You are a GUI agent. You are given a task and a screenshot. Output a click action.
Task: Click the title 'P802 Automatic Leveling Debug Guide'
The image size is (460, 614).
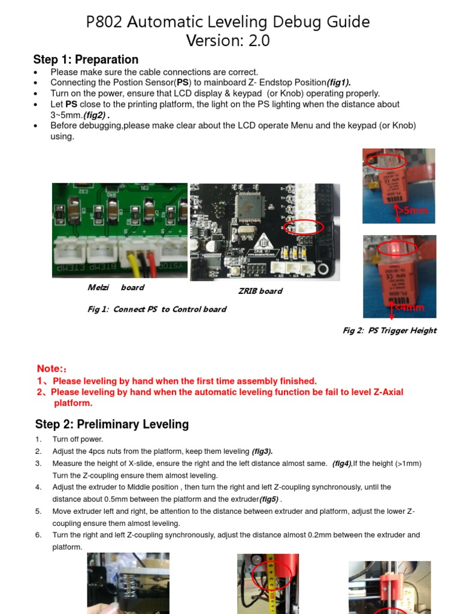228,22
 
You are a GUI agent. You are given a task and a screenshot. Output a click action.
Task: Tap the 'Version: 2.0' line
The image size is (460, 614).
228,41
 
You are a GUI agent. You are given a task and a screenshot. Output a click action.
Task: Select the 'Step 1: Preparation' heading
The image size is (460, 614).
86,59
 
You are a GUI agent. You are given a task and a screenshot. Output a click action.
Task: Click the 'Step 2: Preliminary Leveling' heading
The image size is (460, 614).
112,425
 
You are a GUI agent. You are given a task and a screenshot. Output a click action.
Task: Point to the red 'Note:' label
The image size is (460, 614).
50,369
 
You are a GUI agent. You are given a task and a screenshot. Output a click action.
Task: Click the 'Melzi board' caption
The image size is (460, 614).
116,288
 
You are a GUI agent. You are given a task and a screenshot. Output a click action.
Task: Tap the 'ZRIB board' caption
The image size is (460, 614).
260,291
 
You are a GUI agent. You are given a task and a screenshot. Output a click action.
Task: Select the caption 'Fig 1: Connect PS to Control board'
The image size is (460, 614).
157,309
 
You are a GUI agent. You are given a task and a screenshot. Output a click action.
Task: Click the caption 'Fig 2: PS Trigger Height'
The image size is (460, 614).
389,330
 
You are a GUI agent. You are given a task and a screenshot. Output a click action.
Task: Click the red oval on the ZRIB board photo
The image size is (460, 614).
304,227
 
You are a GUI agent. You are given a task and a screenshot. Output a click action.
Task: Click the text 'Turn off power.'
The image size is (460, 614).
78,440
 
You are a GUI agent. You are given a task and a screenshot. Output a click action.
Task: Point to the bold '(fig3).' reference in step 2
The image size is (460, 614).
262,452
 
